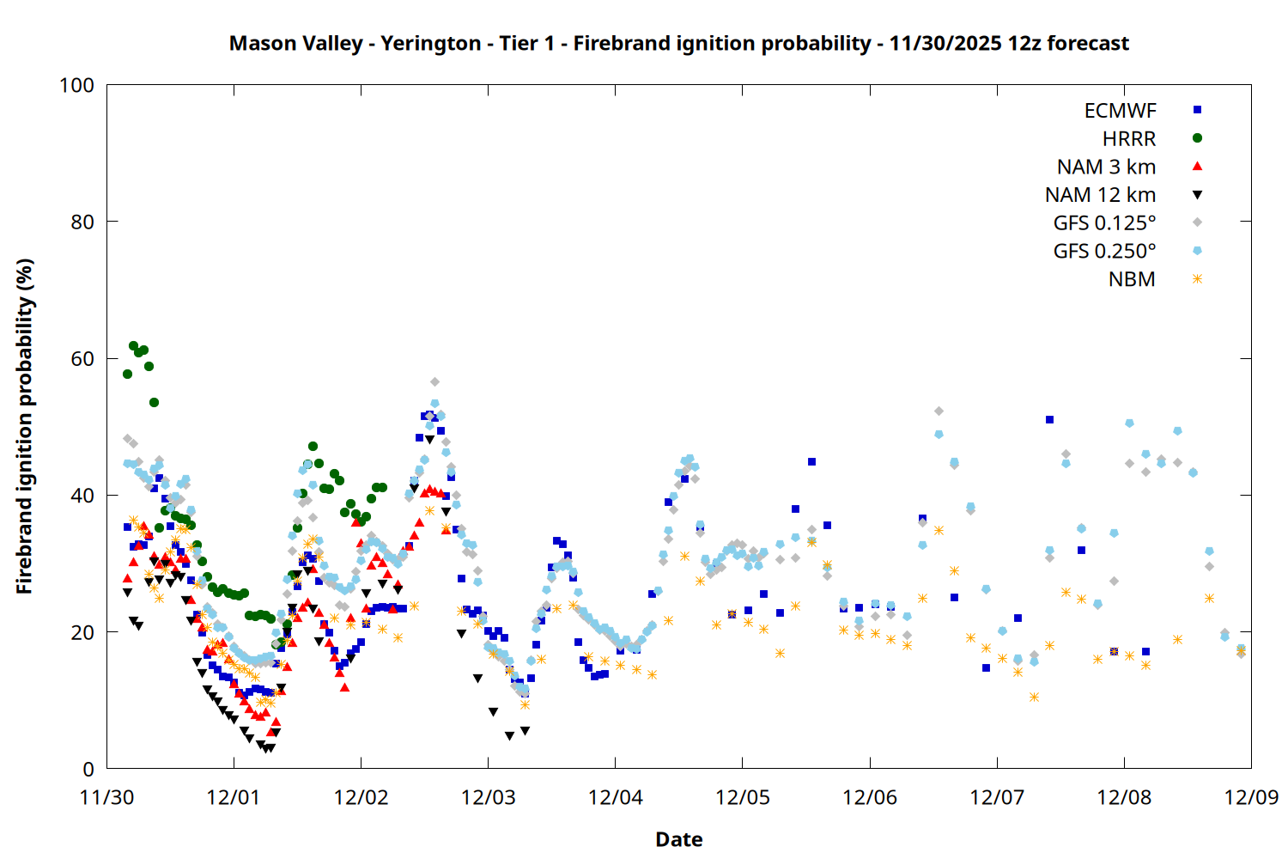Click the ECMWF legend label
1120,111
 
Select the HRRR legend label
1129,139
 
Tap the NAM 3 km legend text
1106,168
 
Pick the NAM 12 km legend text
1100,196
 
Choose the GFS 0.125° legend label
1104,223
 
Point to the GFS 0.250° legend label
1104,252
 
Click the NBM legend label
1132,280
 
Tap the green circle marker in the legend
1197,138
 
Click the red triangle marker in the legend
1197,167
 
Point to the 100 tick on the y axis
76,85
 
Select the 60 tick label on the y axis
82,359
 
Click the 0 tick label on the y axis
88,770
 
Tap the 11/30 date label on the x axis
106,798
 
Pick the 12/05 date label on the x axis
743,798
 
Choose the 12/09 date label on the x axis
1251,798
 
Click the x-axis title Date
678,840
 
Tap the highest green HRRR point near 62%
133,346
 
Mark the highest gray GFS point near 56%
434,381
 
